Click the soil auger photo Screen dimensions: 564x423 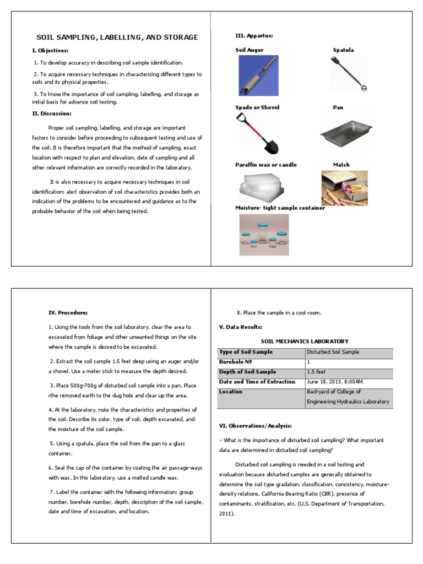click(x=258, y=75)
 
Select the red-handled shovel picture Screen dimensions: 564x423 click(x=257, y=133)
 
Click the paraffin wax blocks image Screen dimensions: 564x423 click(x=261, y=187)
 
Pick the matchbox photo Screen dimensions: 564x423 click(x=345, y=188)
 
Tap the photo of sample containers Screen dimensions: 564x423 click(x=264, y=235)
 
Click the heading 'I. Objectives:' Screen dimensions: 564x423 click(x=50, y=51)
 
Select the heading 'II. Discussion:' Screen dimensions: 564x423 click(x=52, y=113)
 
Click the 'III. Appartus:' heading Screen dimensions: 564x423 click(x=254, y=35)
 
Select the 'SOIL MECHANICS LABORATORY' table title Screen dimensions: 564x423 click(x=305, y=341)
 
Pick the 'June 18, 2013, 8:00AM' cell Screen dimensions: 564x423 click(x=335, y=382)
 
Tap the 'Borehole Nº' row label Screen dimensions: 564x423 click(x=235, y=362)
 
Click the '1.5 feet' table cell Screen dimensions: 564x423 click(x=317, y=372)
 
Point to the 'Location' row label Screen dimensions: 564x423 click(x=231, y=392)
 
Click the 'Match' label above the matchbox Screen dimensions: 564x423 click(x=341, y=165)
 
